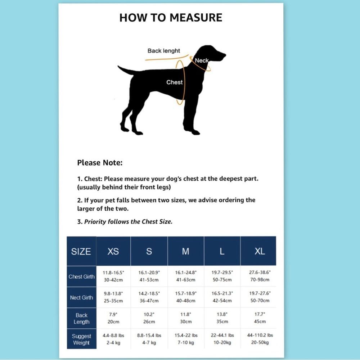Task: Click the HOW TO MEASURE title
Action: (x=171, y=18)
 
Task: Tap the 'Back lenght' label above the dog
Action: (x=163, y=51)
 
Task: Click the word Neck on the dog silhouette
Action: (x=202, y=60)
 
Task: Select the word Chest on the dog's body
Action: (x=175, y=82)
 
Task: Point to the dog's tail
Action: (x=126, y=70)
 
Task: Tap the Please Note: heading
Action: (x=100, y=163)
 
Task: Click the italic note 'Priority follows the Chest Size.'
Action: (x=128, y=221)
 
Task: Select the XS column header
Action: (x=113, y=251)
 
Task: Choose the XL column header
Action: (x=260, y=251)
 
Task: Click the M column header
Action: (x=185, y=251)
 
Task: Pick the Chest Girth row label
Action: (x=81, y=276)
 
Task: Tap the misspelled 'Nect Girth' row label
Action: (x=81, y=298)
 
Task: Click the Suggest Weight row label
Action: (x=81, y=339)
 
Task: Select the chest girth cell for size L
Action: (x=222, y=276)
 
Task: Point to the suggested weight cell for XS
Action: (x=113, y=339)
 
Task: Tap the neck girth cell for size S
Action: (x=149, y=297)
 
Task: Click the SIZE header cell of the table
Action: (x=81, y=251)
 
